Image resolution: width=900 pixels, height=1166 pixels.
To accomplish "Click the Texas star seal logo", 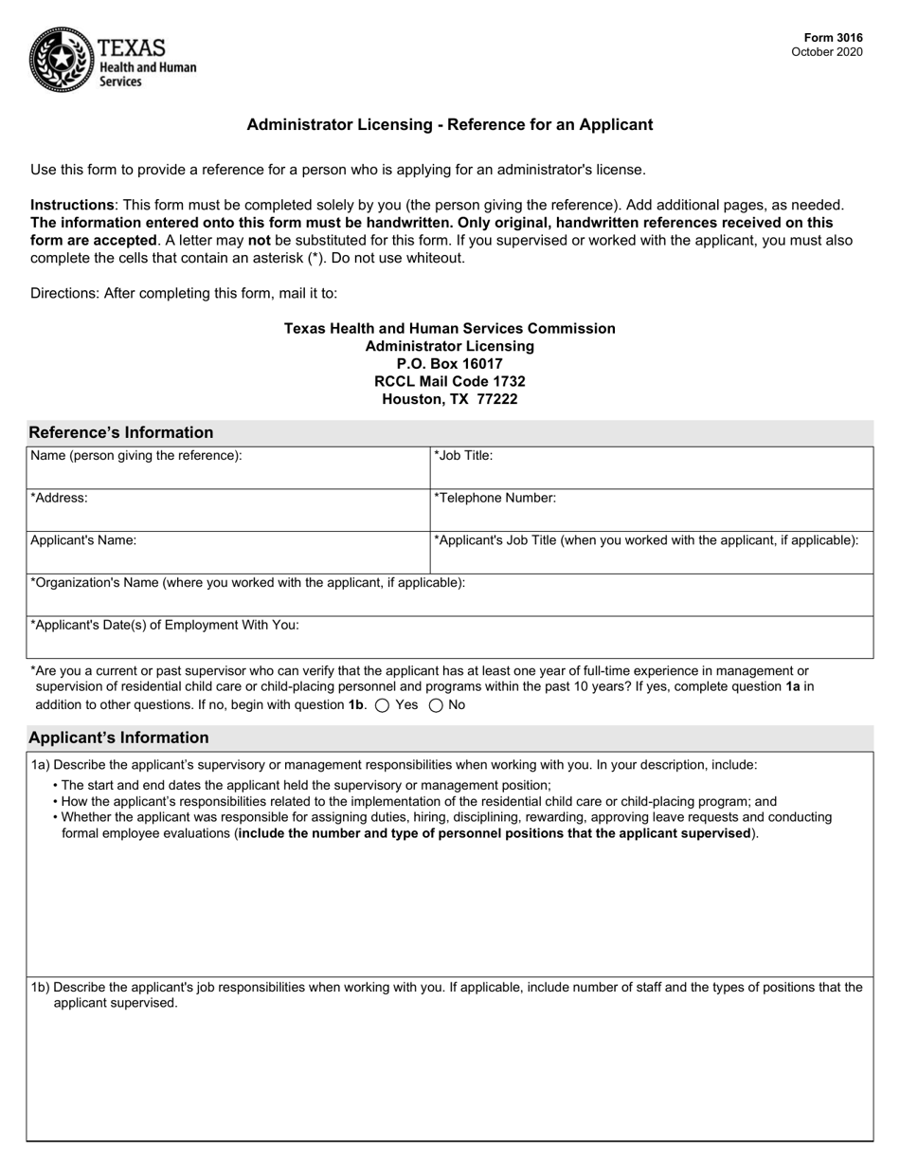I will coord(61,59).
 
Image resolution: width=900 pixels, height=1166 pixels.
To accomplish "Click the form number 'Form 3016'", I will coord(835,39).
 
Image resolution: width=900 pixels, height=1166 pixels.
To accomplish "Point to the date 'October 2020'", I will coord(827,52).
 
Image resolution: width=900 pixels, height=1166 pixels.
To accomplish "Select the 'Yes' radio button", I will coord(383,705).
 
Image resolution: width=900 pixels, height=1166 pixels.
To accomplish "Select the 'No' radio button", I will coord(437,705).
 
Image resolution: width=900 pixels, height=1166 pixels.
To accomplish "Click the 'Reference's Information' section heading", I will coord(121,433).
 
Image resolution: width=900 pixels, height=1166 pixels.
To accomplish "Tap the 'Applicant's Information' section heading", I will coord(118,738).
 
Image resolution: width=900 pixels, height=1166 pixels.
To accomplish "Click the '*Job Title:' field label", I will coord(463,456).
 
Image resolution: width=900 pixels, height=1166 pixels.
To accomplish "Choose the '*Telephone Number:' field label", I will coord(495,498).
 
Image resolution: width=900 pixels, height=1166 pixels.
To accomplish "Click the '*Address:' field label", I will coord(59,498).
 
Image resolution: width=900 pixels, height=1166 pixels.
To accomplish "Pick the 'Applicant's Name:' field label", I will coord(83,540).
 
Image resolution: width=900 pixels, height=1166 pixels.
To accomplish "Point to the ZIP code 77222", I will coord(497,399).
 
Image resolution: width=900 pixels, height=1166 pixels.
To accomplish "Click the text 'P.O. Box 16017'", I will coord(450,364).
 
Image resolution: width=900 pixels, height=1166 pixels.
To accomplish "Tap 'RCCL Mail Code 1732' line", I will coord(450,381).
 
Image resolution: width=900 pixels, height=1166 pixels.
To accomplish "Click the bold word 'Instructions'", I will coord(72,205).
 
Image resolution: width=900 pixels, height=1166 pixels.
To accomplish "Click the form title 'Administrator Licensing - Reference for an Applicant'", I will coord(450,125).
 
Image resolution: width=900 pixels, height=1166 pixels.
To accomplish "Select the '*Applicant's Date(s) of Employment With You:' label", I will coord(165,626).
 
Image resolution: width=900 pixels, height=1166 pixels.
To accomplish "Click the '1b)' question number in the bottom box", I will coord(40,988).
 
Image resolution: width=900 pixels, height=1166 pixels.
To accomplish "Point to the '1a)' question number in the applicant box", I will coord(40,765).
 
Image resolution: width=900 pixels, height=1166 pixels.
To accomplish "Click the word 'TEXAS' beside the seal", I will coord(132,47).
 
